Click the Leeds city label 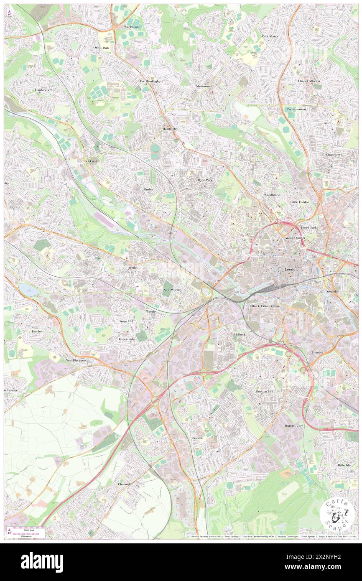click(x=290, y=270)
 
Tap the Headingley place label click(x=170, y=129)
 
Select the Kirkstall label click(x=91, y=161)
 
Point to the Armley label click(x=133, y=267)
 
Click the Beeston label click(x=198, y=438)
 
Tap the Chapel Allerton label click(x=309, y=81)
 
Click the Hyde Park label click(x=205, y=179)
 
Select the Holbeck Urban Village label click(x=264, y=306)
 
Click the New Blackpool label click(x=76, y=360)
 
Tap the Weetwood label click(x=130, y=26)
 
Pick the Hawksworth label click(x=44, y=90)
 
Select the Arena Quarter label click(x=295, y=237)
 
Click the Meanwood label click(x=204, y=86)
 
